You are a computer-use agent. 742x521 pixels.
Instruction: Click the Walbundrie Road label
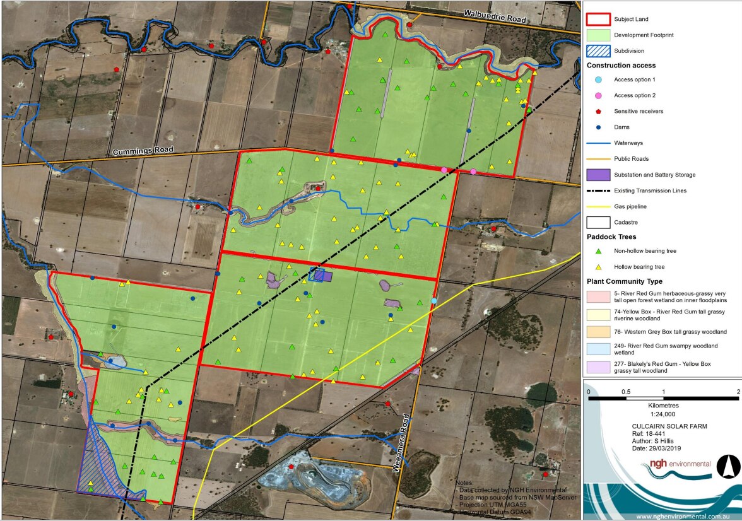495,16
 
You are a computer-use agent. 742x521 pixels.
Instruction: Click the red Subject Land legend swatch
598,19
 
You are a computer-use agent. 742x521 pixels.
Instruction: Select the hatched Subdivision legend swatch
598,50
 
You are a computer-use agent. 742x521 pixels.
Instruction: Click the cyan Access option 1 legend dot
598,79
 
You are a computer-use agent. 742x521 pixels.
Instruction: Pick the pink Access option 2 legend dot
598,95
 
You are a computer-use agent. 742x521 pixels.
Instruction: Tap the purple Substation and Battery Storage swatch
598,175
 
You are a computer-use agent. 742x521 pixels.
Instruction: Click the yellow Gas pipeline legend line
598,206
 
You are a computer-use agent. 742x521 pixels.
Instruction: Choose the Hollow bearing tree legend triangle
598,267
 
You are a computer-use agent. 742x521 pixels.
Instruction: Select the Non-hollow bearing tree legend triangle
598,251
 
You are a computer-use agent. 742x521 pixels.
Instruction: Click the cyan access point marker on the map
433,301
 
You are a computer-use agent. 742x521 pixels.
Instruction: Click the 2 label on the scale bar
738,392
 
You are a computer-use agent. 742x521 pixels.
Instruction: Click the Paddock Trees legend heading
611,237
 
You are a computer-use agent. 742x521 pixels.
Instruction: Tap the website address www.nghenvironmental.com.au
678,516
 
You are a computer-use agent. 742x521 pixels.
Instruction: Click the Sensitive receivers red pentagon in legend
598,111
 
